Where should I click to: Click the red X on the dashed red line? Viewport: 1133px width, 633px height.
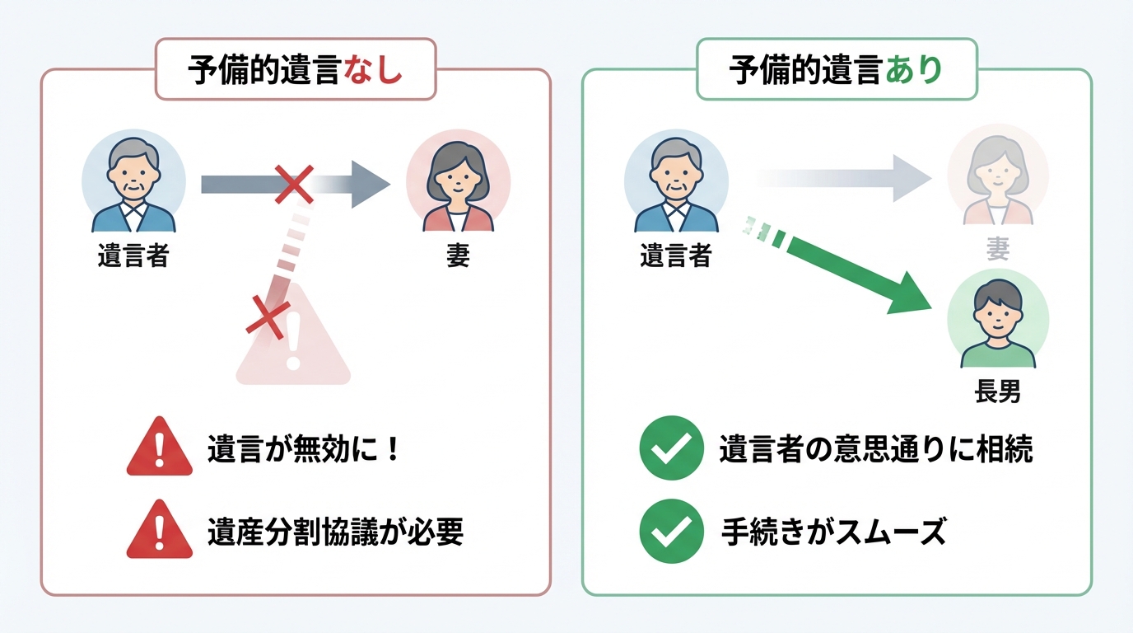click(268, 316)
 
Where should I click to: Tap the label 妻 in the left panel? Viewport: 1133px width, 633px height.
click(458, 256)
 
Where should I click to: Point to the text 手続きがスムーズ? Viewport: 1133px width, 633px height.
click(832, 532)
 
